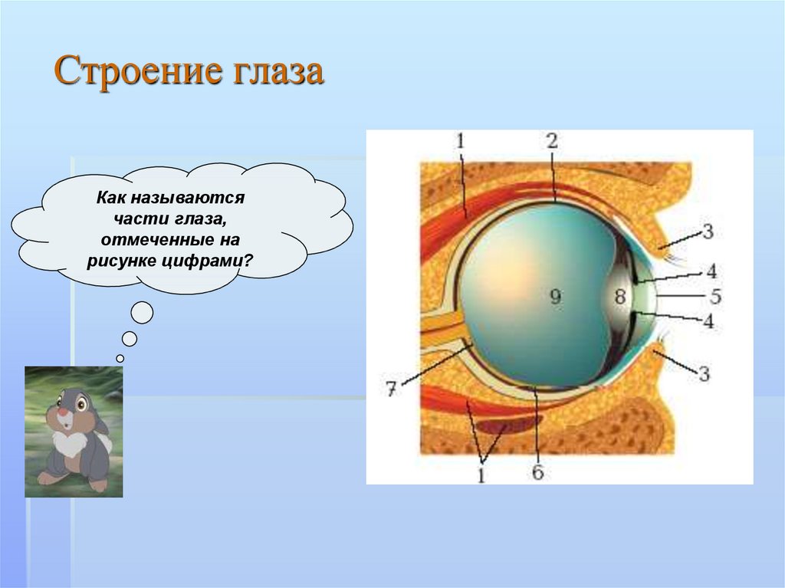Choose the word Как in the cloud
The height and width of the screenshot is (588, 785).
[x=110, y=199]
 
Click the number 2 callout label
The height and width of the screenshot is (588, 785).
[x=551, y=140]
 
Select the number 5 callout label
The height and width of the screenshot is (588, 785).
[x=715, y=294]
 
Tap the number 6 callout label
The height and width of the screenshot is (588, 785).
[x=537, y=472]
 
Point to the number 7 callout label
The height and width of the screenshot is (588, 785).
[x=390, y=389]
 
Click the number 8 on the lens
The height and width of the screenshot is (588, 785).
[x=619, y=297]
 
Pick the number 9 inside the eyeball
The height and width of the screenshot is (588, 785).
[x=555, y=297]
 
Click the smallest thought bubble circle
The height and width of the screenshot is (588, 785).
[x=120, y=358]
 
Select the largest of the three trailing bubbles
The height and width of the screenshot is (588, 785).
[x=142, y=313]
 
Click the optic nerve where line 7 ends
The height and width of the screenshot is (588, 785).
[x=465, y=347]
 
